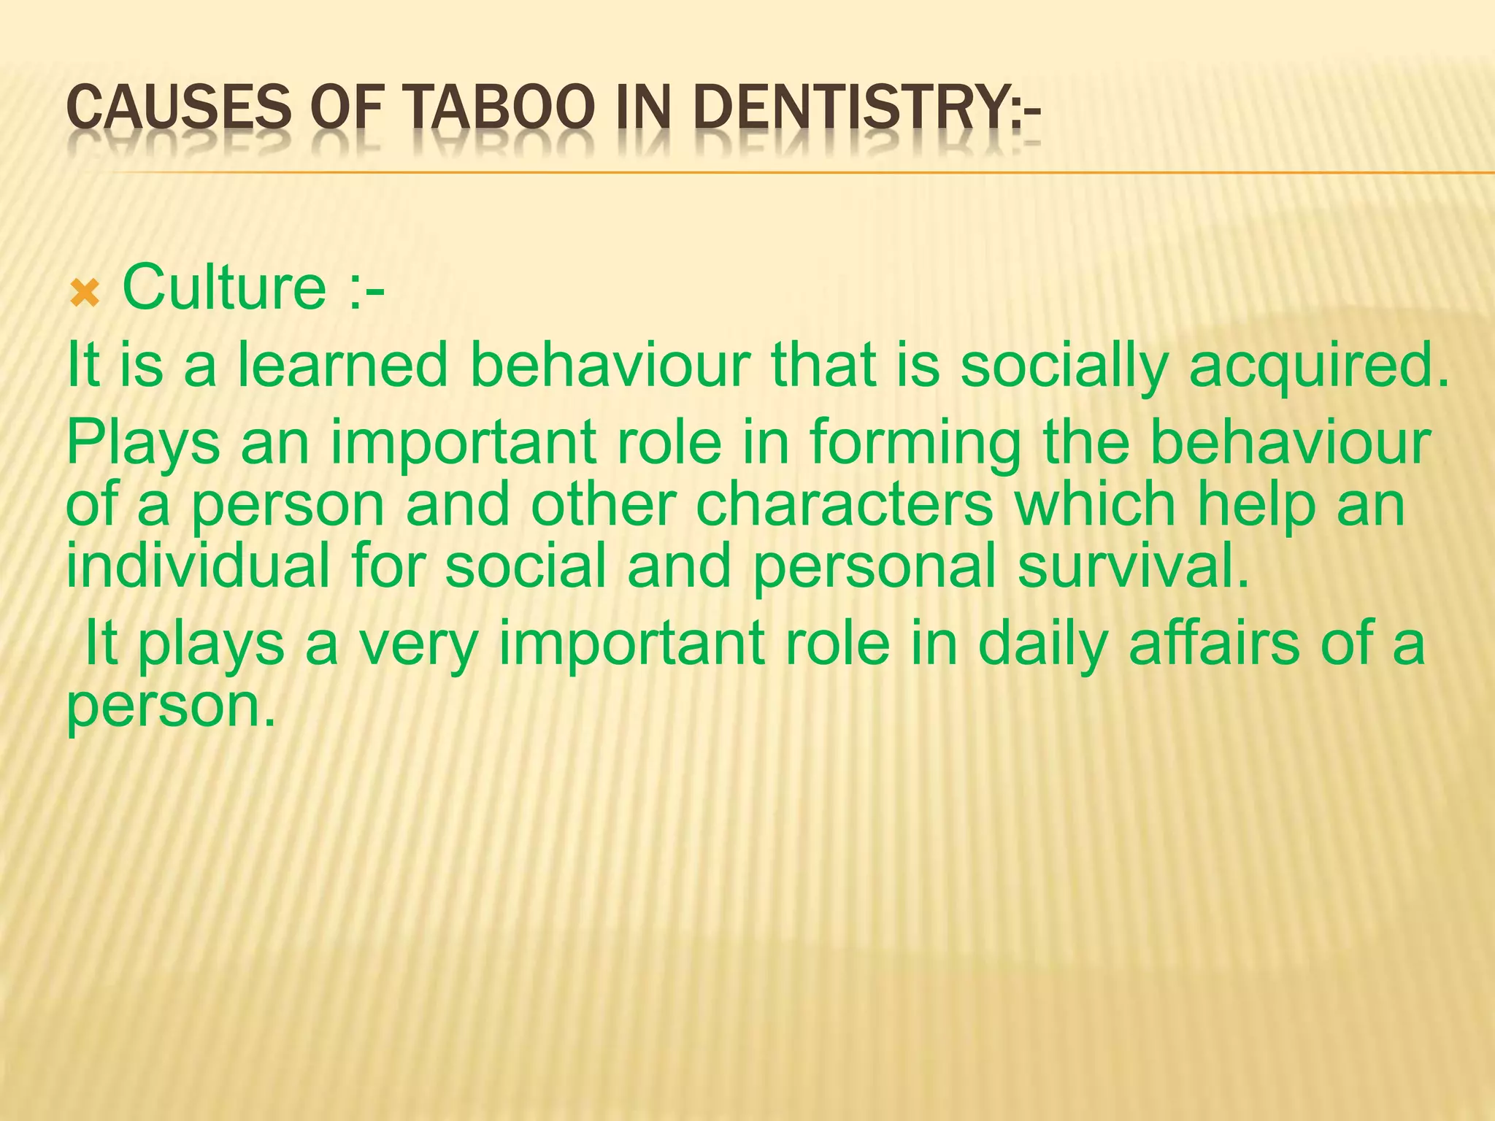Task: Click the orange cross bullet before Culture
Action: click(x=85, y=294)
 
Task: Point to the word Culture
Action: click(x=224, y=287)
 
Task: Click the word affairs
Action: click(x=1213, y=643)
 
